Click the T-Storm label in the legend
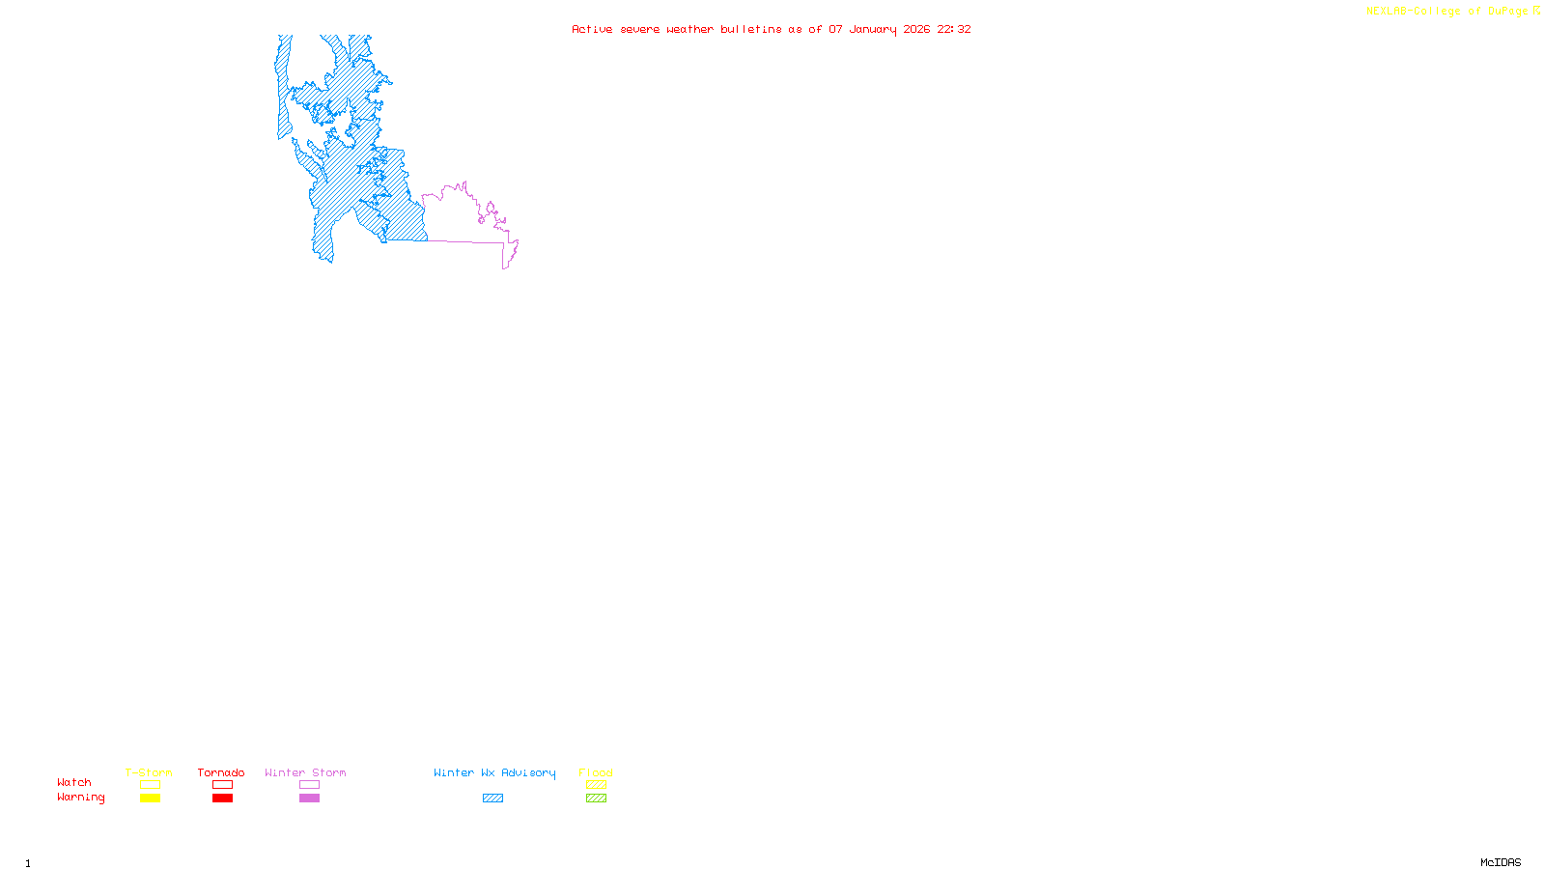click(149, 772)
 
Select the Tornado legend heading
click(221, 772)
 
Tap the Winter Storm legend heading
click(305, 772)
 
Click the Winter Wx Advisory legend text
click(494, 772)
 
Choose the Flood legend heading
click(596, 772)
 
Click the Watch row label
click(74, 782)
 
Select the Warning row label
click(81, 798)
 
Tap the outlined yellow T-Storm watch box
click(150, 785)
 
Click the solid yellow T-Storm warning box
click(150, 799)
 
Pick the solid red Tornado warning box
click(222, 799)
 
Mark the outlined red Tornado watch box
click(222, 785)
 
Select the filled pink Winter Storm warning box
click(309, 799)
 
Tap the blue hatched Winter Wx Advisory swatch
click(492, 799)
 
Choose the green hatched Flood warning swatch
click(596, 799)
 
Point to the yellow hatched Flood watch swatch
click(596, 785)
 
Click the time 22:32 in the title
click(954, 29)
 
